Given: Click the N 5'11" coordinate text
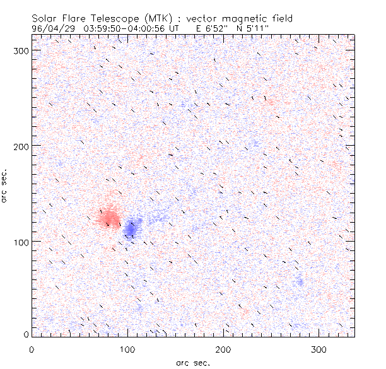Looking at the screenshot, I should pyautogui.click(x=264, y=28).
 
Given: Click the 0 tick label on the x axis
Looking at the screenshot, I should pyautogui.click(x=32, y=349).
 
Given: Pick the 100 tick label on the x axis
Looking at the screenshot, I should pyautogui.click(x=127, y=349).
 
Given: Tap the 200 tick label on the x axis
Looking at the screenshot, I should pyautogui.click(x=223, y=349).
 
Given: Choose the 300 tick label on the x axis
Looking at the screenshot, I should pyautogui.click(x=319, y=349).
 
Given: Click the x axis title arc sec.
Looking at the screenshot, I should pyautogui.click(x=192, y=362).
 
